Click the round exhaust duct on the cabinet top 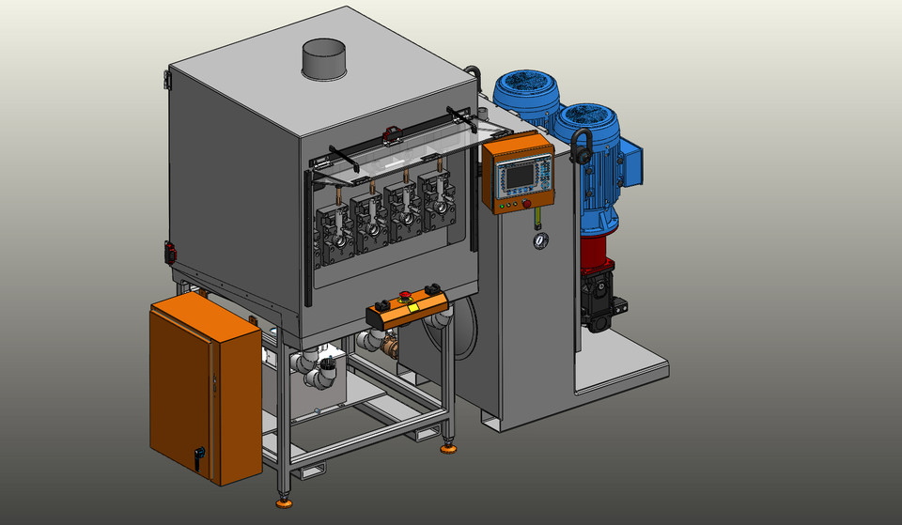pos(322,60)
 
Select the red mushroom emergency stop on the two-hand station pos(406,298)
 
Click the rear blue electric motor pos(526,94)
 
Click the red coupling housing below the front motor pos(597,252)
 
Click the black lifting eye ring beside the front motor pos(580,146)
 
